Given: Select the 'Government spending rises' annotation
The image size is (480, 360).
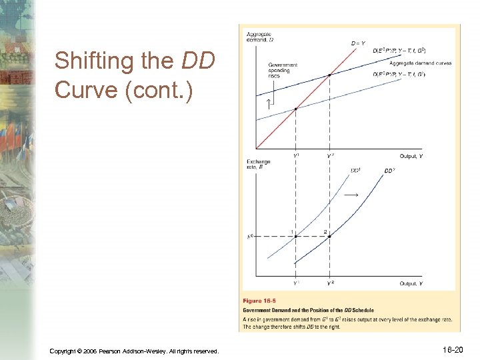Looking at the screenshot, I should click(283, 71).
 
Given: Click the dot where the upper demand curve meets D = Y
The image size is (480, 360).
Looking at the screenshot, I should click(329, 75).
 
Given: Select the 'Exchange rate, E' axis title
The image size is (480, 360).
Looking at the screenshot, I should click(259, 164).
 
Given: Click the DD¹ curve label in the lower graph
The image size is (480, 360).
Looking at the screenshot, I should click(357, 170).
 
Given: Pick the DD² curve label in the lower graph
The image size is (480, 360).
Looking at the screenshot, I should click(390, 171).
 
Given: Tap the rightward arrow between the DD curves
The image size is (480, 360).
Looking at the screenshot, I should click(351, 195).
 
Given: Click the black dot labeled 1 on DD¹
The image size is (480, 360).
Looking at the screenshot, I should click(296, 236).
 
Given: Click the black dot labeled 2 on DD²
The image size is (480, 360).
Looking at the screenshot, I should click(329, 236).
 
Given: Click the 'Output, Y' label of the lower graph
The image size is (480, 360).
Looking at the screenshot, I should click(411, 283).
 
